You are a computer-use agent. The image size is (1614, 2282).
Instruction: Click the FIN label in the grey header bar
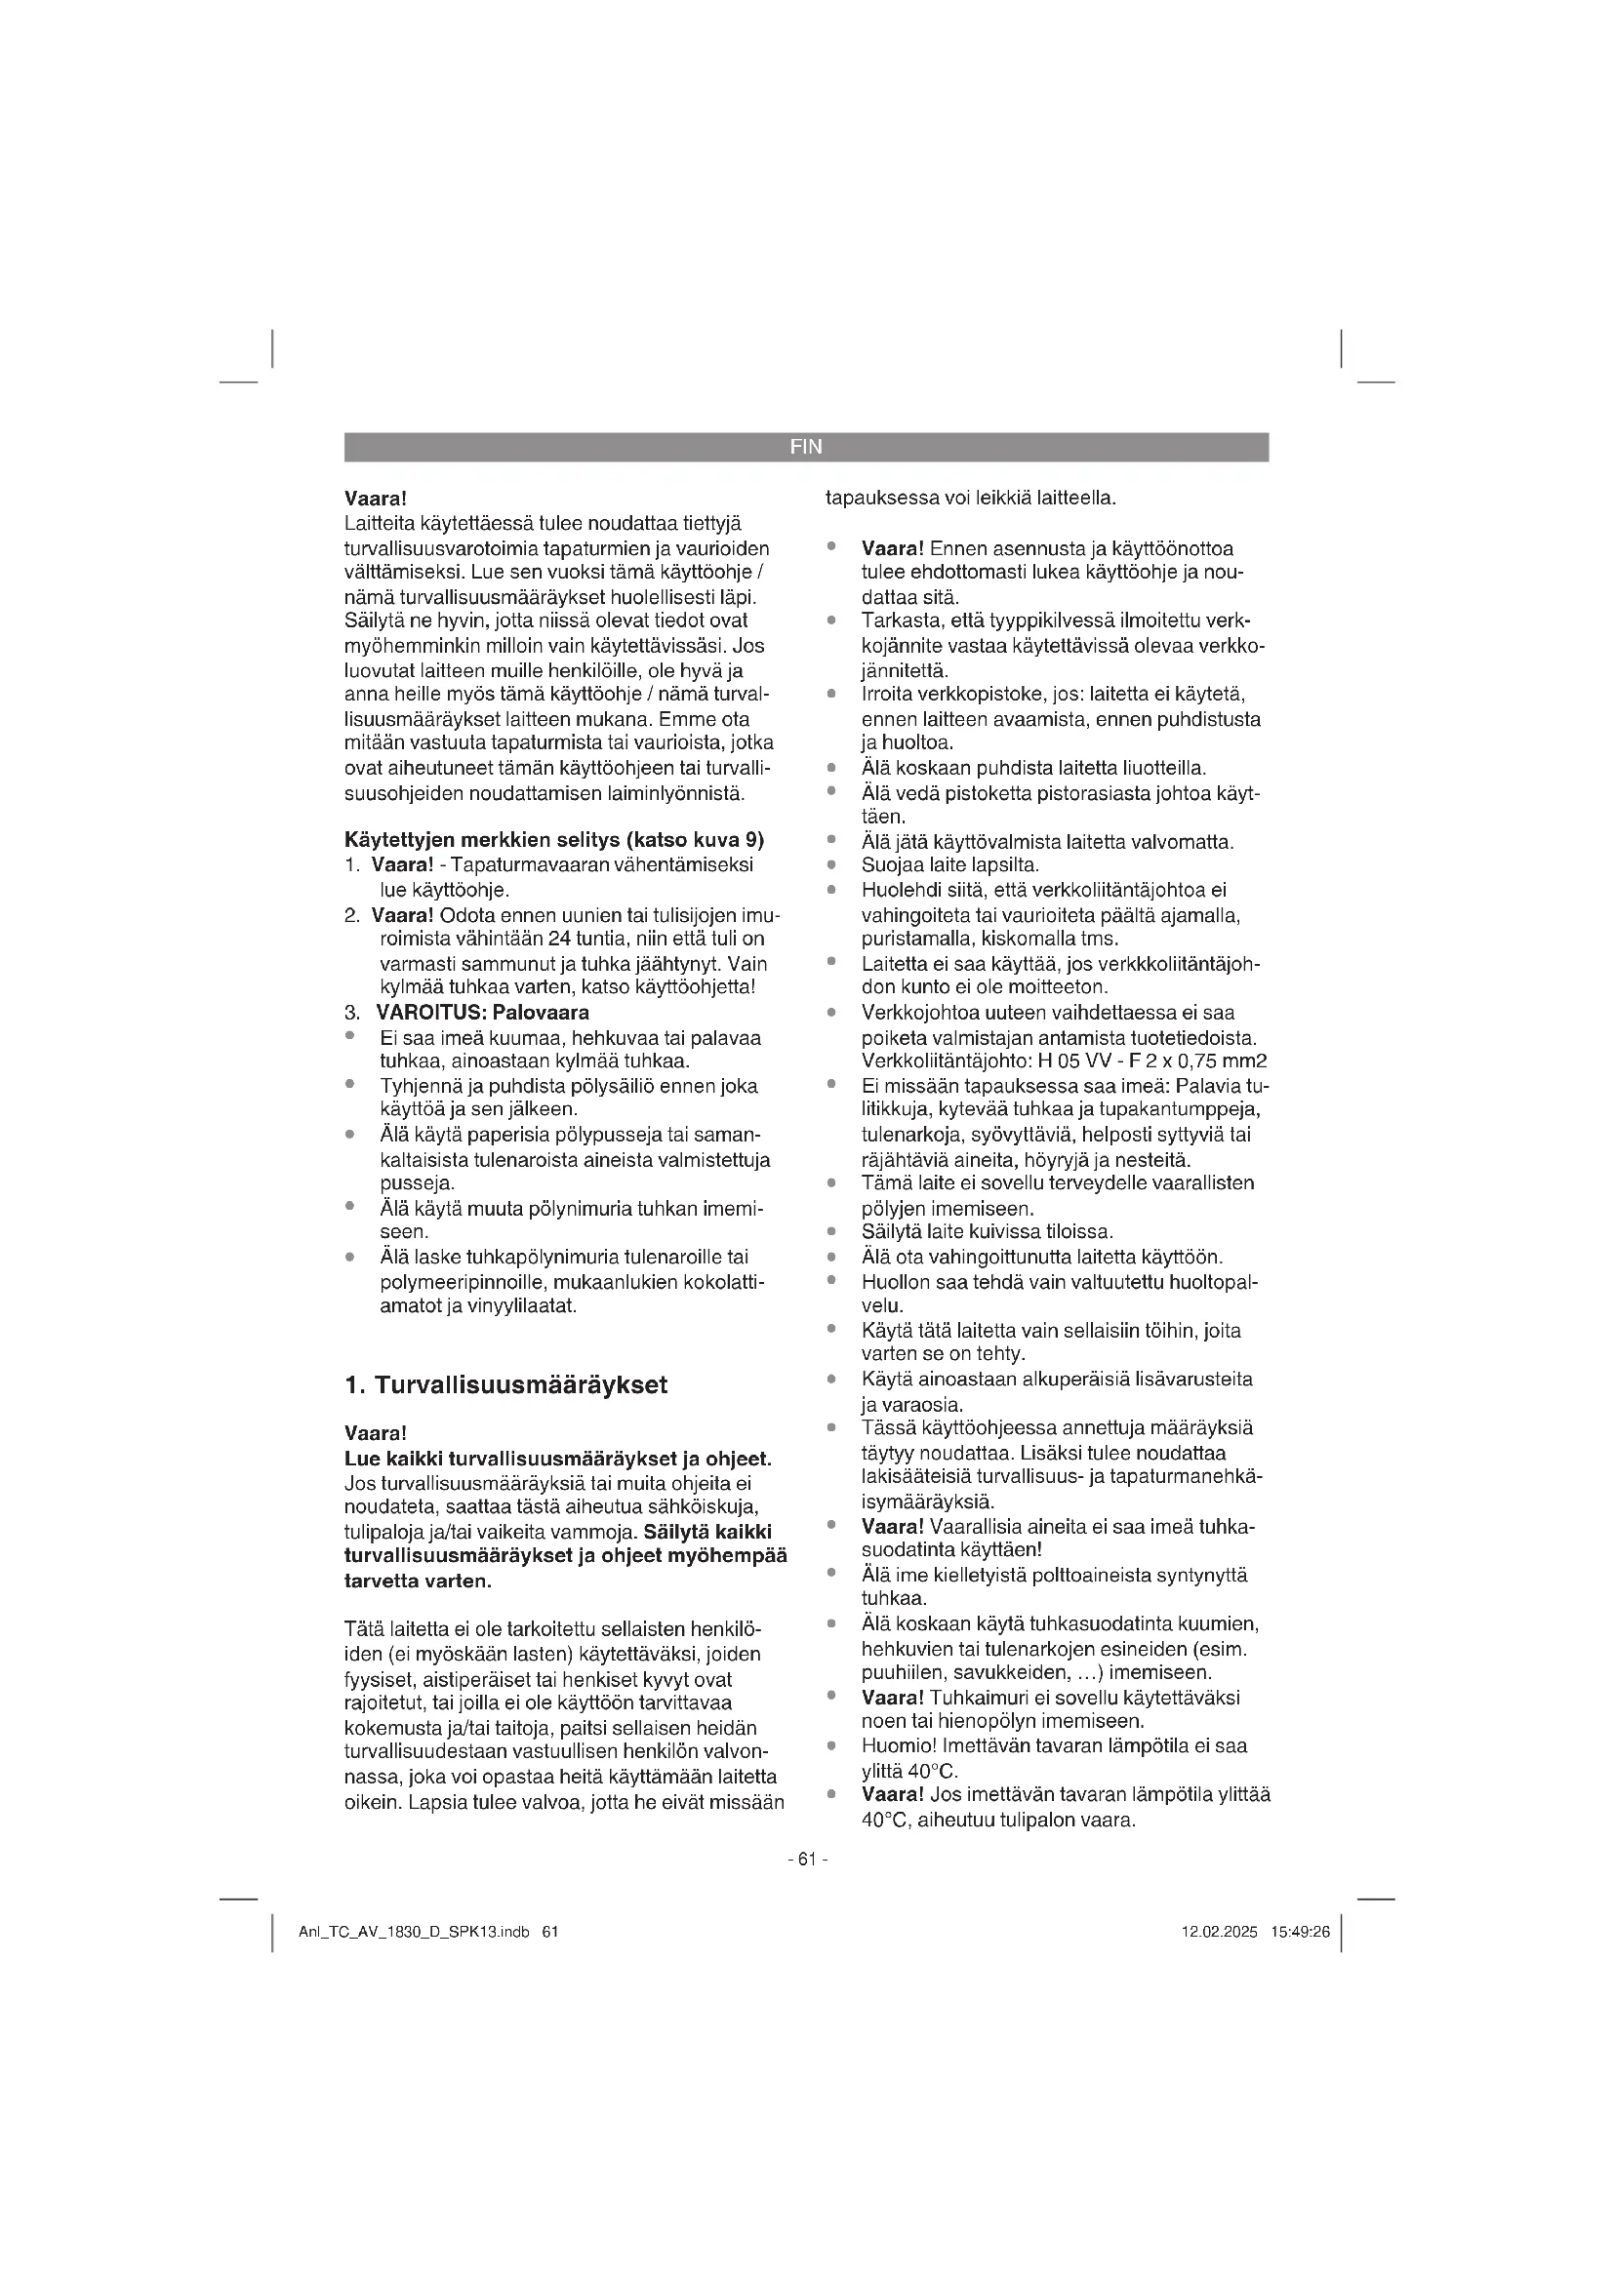coord(806,447)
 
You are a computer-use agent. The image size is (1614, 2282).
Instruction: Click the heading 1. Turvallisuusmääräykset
coord(505,1384)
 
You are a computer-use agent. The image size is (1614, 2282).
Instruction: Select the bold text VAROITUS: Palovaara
coord(482,1013)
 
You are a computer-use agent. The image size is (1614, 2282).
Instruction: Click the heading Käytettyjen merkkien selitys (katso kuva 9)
coord(553,840)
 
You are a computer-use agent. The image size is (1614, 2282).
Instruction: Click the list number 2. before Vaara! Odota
coord(353,914)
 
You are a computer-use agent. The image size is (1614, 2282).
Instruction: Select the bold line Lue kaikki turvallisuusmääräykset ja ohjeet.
coord(557,1459)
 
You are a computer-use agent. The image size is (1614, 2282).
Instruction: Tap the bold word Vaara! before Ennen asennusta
coord(894,548)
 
